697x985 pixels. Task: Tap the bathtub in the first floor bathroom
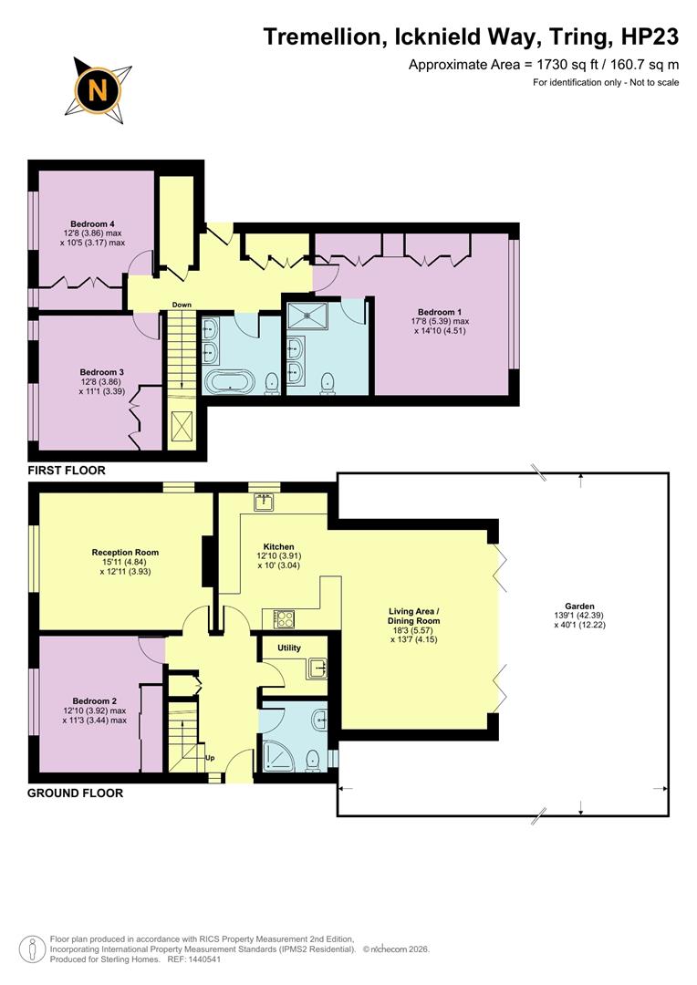click(230, 381)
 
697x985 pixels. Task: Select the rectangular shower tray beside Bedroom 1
click(310, 315)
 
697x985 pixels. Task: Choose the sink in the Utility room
click(317, 668)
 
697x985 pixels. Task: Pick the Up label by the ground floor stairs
click(209, 757)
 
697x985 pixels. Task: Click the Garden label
click(579, 606)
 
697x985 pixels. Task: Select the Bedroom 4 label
click(91, 223)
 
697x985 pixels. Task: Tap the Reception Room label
click(125, 552)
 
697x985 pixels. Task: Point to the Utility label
click(289, 648)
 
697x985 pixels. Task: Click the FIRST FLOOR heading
click(67, 471)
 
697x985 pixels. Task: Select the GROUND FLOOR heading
click(75, 793)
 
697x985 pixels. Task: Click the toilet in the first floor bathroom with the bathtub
click(271, 383)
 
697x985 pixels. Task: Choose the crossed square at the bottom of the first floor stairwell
click(181, 426)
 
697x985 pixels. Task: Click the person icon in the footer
click(33, 949)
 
